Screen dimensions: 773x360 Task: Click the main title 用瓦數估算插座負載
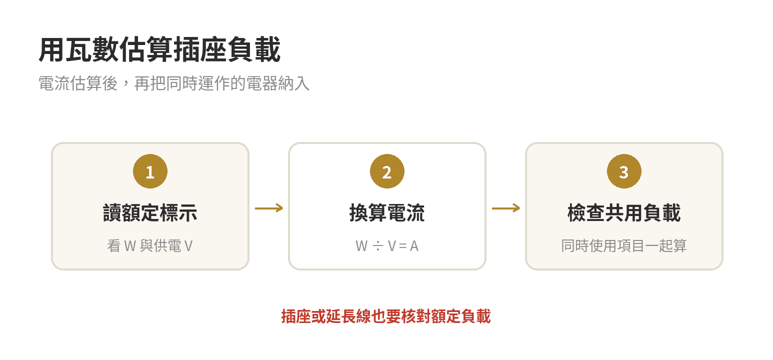click(159, 49)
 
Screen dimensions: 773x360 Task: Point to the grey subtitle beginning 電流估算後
click(174, 83)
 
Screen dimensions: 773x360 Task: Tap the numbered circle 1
click(150, 171)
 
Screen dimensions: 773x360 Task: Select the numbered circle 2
click(387, 171)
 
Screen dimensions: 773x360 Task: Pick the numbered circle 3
click(624, 171)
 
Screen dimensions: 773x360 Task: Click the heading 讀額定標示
click(150, 212)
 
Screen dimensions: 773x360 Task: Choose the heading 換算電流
click(387, 212)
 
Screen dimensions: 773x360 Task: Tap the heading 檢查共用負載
click(624, 212)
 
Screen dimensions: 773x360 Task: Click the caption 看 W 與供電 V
click(150, 246)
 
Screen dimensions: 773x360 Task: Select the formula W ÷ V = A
click(387, 246)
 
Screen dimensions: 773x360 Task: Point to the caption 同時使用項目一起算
click(624, 246)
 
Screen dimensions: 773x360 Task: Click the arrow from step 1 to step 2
click(269, 208)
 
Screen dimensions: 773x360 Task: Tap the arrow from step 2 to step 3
click(506, 208)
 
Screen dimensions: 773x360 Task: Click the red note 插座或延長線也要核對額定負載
click(386, 316)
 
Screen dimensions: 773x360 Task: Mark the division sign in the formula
click(378, 246)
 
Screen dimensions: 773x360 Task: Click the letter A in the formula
click(414, 246)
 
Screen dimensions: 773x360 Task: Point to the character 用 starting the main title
click(52, 49)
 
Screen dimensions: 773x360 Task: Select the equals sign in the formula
click(402, 246)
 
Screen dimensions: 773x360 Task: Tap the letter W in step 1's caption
click(130, 246)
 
